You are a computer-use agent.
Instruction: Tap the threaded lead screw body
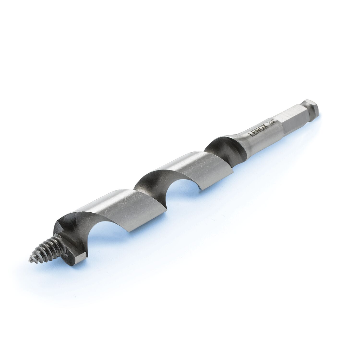47,250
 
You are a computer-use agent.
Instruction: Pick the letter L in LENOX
251,134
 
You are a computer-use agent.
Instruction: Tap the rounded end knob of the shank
311,108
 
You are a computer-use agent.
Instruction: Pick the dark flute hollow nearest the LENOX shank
225,149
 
